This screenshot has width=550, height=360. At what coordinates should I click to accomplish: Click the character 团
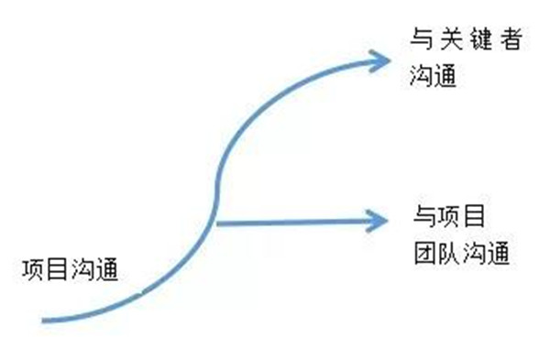tap(422, 252)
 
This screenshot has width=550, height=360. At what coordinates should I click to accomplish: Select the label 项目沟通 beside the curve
tap(71, 271)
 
